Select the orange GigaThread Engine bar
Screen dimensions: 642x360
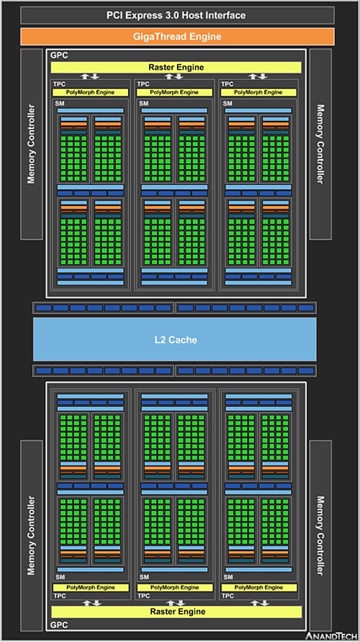177,37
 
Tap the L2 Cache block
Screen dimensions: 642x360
175,340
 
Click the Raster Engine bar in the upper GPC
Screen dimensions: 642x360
176,67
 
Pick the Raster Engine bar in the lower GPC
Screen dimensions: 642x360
177,612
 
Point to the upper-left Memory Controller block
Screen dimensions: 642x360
32,144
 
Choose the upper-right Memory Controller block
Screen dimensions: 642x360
320,144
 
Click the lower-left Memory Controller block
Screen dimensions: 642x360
32,536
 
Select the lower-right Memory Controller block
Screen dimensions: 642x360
320,536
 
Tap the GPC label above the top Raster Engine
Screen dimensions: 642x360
59,55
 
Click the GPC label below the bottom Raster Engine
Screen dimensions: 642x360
59,625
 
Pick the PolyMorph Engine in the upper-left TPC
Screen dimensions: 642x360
90,92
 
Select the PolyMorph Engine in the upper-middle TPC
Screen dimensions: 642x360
174,92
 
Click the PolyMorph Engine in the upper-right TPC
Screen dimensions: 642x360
258,92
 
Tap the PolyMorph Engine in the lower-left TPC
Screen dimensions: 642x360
91,588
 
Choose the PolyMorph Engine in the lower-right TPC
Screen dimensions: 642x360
259,588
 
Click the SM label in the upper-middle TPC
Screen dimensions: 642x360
144,104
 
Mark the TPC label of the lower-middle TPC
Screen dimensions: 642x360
144,596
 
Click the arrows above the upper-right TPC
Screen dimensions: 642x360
258,76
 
